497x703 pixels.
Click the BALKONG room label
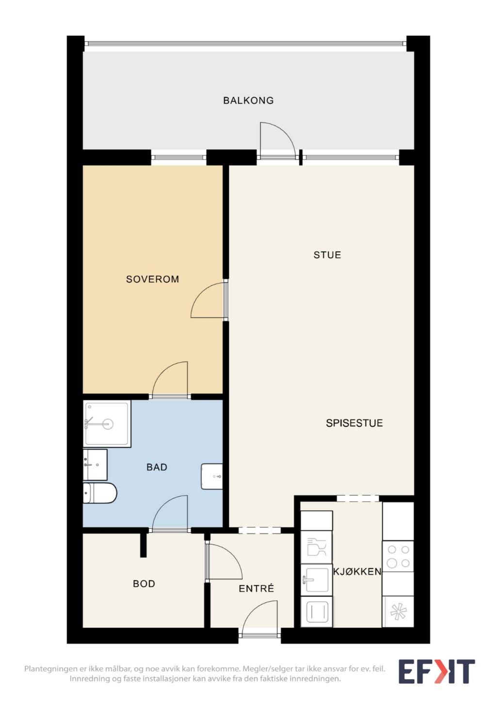[x=248, y=100]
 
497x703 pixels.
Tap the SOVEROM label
[x=153, y=279]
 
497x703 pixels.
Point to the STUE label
[x=327, y=255]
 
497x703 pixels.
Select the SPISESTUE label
[x=354, y=423]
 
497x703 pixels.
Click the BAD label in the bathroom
[x=157, y=467]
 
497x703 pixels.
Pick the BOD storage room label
[x=144, y=583]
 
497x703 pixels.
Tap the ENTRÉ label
[x=256, y=588]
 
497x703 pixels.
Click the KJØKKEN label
[x=357, y=572]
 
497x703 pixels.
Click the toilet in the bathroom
[x=100, y=493]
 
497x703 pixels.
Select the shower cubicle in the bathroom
[x=107, y=424]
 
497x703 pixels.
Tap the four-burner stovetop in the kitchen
[x=398, y=556]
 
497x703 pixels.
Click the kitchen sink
[x=317, y=580]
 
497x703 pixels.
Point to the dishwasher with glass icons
[x=317, y=547]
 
